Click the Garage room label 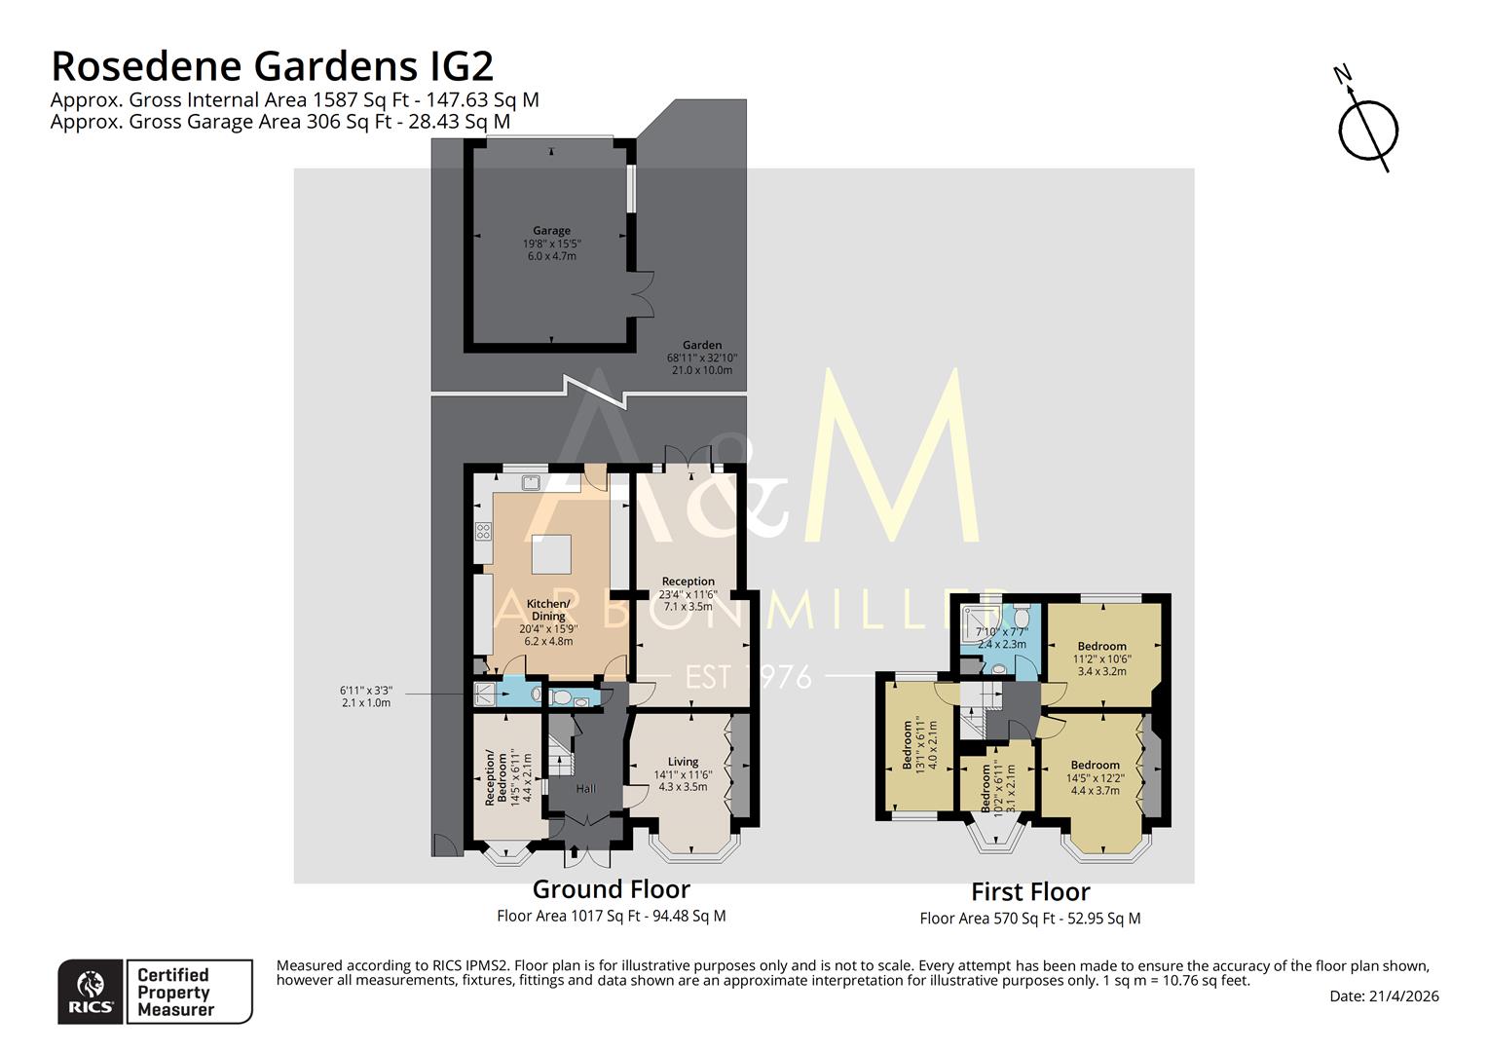click(551, 231)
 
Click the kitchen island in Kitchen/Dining click(551, 555)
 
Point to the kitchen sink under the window click(532, 481)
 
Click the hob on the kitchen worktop click(483, 531)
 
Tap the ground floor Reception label click(688, 582)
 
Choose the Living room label click(683, 762)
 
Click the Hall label click(586, 788)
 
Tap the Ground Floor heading click(611, 889)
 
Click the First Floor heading click(1030, 892)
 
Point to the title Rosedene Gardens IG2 click(272, 66)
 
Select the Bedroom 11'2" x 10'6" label click(1101, 646)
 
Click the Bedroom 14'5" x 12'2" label click(1095, 765)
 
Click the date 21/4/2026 click(1384, 996)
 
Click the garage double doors click(640, 292)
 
